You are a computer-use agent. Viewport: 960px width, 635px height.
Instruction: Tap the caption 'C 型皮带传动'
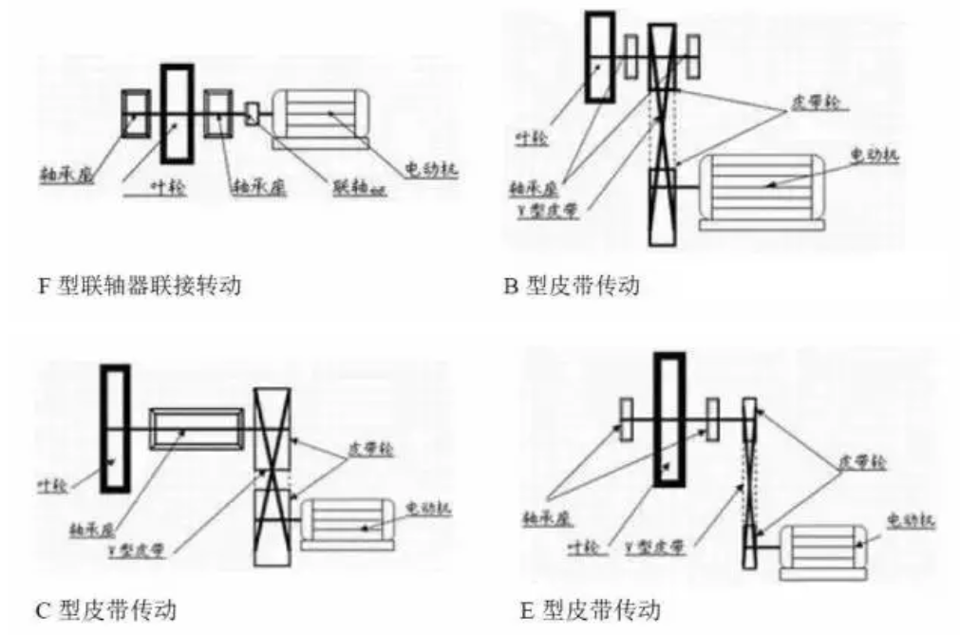pyautogui.click(x=106, y=607)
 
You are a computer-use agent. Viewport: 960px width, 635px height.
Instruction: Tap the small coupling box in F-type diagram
pyautogui.click(x=252, y=114)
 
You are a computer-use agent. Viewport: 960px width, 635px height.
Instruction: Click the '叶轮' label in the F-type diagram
pyautogui.click(x=171, y=188)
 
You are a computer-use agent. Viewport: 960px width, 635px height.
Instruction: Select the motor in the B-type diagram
pyautogui.click(x=760, y=187)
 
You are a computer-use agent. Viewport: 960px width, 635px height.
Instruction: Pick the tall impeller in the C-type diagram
pyautogui.click(x=115, y=429)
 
